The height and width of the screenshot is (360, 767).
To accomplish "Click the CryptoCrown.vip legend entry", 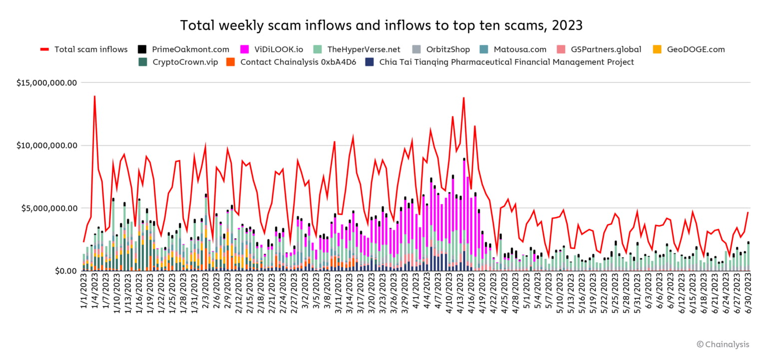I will click(185, 62).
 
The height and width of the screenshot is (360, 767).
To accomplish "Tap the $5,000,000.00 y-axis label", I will click(50, 208).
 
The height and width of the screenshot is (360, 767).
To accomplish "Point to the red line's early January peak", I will click(94, 96).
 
